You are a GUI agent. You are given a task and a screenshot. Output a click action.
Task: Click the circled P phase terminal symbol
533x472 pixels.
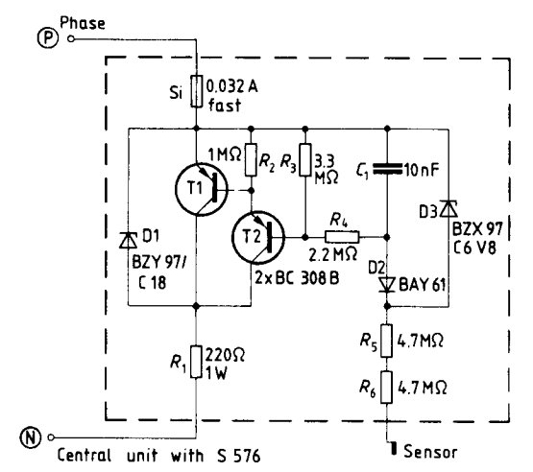pos(48,38)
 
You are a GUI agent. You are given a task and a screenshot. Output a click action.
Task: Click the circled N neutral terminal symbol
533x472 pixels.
pos(31,437)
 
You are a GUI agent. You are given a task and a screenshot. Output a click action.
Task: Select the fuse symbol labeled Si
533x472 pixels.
pos(196,91)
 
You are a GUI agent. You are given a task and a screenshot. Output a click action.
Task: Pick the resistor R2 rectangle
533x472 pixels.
pos(251,159)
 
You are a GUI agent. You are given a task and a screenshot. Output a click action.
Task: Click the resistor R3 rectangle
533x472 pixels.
pos(305,159)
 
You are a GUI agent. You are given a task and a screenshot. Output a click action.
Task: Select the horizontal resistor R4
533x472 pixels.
pos(342,237)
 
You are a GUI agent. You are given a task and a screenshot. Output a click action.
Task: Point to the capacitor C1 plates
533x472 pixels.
pos(387,169)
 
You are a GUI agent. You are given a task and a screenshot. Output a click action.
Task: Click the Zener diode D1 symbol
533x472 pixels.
pos(128,241)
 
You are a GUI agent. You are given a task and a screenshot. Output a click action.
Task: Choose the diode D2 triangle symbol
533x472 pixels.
pos(387,285)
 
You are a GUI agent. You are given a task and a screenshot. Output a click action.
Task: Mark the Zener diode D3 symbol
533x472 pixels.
pos(448,208)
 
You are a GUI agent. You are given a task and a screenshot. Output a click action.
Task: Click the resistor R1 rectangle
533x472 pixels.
pos(196,362)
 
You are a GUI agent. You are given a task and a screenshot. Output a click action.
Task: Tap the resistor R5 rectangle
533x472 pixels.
pos(386,341)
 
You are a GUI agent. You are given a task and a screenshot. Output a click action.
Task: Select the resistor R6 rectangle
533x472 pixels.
pos(386,388)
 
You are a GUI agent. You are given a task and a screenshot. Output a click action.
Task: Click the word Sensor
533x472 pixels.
pos(430,452)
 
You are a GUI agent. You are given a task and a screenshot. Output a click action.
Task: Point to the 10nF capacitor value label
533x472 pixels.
pos(422,170)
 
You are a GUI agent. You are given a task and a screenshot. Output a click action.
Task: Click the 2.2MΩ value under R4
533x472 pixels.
pos(333,254)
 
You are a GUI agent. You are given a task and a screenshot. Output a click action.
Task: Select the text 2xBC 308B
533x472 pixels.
pos(297,278)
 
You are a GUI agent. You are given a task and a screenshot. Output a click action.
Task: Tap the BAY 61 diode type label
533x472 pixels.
pos(422,284)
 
